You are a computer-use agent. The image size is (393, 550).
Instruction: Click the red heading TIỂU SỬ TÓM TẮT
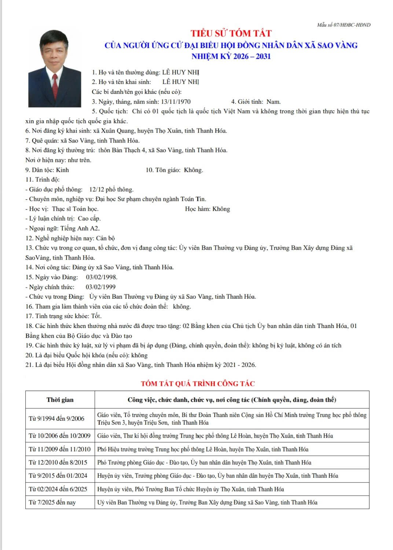(231, 33)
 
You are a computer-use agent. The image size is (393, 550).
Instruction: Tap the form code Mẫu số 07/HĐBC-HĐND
(344, 25)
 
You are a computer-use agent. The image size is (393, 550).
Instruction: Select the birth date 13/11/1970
(176, 101)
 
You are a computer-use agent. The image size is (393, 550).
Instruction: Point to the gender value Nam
(273, 101)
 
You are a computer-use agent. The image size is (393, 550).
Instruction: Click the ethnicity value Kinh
(62, 170)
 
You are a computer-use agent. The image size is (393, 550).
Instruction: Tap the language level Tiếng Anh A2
(80, 228)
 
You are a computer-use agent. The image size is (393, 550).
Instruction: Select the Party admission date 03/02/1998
(102, 277)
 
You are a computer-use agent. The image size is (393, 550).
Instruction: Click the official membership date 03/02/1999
(100, 287)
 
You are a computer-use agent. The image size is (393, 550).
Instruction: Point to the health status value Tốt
(96, 316)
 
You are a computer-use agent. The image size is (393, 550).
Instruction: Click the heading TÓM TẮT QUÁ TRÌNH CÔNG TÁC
(198, 384)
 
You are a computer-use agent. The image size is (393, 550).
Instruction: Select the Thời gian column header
(60, 400)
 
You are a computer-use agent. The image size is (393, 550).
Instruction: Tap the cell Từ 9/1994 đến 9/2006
(56, 418)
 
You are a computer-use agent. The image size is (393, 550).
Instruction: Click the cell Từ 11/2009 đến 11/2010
(59, 449)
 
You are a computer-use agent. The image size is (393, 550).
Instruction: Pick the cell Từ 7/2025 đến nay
(52, 502)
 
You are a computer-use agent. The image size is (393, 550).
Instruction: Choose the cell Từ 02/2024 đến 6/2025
(58, 489)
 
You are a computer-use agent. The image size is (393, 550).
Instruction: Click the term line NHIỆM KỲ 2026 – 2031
(231, 56)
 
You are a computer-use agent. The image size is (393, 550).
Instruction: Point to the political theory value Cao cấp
(89, 218)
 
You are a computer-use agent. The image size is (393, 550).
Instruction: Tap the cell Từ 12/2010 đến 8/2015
(58, 462)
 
